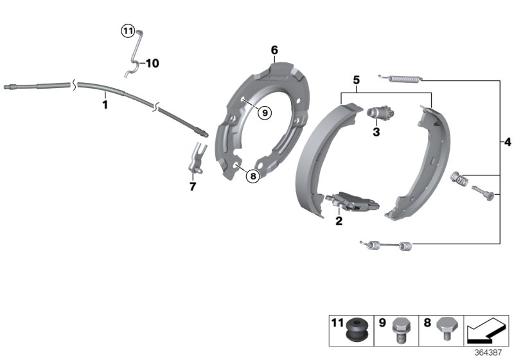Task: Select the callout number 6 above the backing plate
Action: pos(274,50)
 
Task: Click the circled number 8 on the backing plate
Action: pos(253,175)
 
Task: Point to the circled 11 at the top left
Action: pos(127,30)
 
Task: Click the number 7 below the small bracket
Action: pos(192,186)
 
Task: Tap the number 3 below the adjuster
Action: pos(377,132)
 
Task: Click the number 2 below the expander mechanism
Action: pos(339,221)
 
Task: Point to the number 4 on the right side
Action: pos(507,141)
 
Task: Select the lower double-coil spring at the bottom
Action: pos(388,244)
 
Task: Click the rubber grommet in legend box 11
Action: pos(355,328)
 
